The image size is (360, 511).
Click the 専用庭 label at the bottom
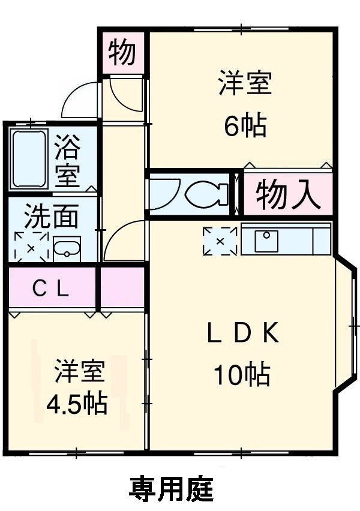(x=171, y=489)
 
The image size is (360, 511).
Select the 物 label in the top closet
(x=122, y=53)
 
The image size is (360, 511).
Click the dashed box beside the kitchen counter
(x=220, y=241)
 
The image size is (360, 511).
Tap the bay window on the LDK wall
(x=346, y=325)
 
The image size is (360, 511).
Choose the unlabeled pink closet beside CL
(x=122, y=289)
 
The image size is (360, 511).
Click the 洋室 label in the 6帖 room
(x=245, y=83)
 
